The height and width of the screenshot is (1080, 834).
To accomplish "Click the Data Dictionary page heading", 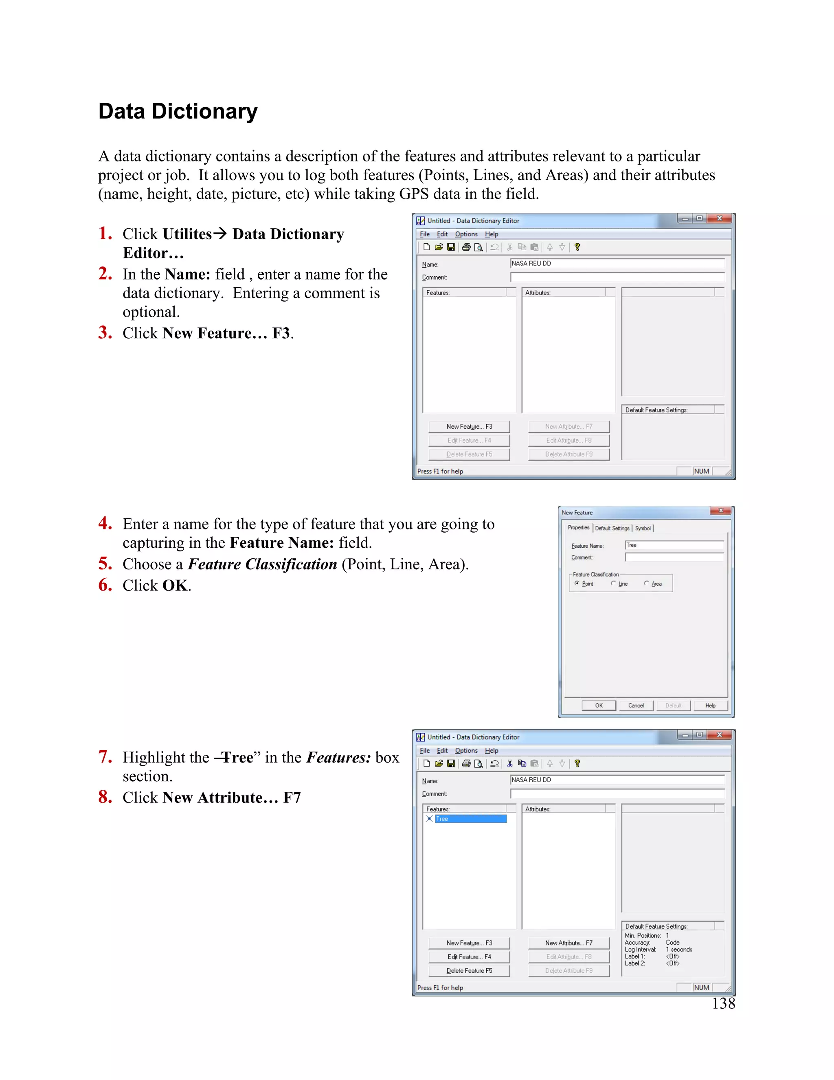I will pyautogui.click(x=178, y=111).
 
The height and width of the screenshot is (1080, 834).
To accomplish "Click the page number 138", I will pyautogui.click(x=723, y=1003).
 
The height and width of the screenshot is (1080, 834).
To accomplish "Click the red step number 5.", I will pyautogui.click(x=105, y=563).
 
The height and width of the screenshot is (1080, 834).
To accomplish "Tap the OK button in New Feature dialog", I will pyautogui.click(x=598, y=705).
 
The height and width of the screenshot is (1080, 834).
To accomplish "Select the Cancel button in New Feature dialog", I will pyautogui.click(x=636, y=705).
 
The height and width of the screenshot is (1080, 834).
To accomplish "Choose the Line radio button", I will pyautogui.click(x=614, y=584).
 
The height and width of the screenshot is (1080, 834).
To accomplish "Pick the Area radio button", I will pyautogui.click(x=647, y=584).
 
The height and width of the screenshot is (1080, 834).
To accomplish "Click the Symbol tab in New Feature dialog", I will pyautogui.click(x=643, y=528).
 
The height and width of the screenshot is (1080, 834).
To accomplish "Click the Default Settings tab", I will pyautogui.click(x=612, y=528).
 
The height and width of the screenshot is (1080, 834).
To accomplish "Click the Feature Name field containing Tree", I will pyautogui.click(x=674, y=545).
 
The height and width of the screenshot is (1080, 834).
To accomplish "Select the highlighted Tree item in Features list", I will pyautogui.click(x=470, y=819).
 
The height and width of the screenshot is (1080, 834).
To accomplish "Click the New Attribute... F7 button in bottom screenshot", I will pyautogui.click(x=568, y=943).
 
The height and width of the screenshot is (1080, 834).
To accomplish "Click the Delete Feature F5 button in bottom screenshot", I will pyautogui.click(x=470, y=971).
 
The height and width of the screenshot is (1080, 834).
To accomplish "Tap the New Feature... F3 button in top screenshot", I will pyautogui.click(x=470, y=426).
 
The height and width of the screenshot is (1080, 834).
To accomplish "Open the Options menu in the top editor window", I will pyautogui.click(x=466, y=234).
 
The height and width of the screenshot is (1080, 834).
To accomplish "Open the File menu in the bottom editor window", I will pyautogui.click(x=424, y=751).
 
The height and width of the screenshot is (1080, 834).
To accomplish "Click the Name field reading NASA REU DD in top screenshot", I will pyautogui.click(x=617, y=264).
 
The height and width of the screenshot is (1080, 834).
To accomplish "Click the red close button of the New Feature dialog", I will pyautogui.click(x=721, y=511).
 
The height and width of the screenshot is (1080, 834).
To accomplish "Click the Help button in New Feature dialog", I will pyautogui.click(x=710, y=705).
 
